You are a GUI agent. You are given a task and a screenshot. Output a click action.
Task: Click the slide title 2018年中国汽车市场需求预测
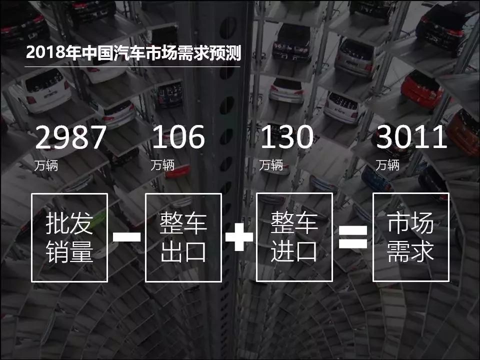[x=134, y=52]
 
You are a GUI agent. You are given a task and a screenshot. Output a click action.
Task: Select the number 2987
[x=71, y=137]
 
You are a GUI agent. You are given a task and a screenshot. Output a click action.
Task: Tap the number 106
[x=178, y=137]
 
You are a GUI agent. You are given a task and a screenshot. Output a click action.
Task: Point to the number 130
[x=287, y=137]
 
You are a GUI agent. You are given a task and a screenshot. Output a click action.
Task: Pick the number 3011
[x=411, y=137]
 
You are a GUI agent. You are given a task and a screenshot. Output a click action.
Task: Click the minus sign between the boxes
[x=126, y=237]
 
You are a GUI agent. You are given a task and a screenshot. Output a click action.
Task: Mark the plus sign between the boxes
[x=239, y=237]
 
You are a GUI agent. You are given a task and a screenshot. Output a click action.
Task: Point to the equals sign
[x=353, y=237]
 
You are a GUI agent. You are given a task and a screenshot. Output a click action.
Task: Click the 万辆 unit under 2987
[x=46, y=165]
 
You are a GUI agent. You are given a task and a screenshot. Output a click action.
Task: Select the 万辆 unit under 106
[x=162, y=165]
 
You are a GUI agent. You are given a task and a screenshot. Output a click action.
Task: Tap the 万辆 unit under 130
[x=271, y=165]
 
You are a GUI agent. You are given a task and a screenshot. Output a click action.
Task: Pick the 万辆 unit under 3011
[x=387, y=165]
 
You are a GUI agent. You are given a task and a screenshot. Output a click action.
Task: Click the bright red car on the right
[x=422, y=89]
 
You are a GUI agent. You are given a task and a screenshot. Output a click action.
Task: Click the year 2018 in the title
[x=45, y=53]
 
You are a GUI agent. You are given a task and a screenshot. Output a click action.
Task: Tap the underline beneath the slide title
[x=132, y=66]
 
